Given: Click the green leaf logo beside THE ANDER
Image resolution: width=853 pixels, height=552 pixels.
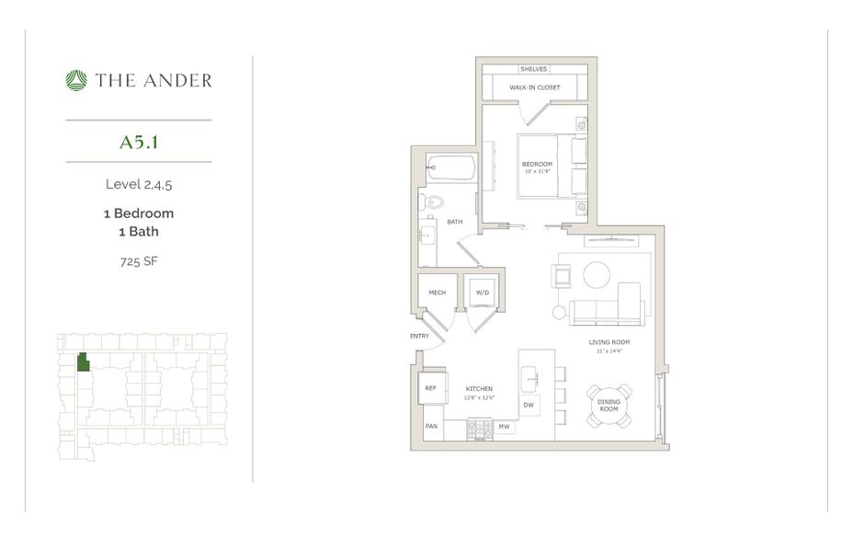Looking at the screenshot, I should [76, 81].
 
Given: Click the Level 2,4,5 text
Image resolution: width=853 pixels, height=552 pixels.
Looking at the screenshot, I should [139, 184].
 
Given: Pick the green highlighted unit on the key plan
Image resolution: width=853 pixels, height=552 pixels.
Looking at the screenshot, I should [83, 362].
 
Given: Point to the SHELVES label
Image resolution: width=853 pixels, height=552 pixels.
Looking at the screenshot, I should [534, 69].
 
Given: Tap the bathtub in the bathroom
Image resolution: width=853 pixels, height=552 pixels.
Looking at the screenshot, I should [451, 168].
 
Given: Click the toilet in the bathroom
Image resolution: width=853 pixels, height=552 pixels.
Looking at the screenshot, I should [431, 202].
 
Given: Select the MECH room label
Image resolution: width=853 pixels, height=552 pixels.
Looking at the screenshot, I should [437, 293].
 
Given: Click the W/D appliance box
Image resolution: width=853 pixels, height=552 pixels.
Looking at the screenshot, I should [482, 293].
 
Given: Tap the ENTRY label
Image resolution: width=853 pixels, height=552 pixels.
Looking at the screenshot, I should [419, 337].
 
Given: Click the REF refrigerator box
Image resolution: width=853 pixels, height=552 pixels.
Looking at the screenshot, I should [431, 388].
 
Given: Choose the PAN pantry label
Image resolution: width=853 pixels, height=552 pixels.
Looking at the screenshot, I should [430, 427].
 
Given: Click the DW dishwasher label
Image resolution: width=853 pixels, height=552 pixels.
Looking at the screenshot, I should [529, 405].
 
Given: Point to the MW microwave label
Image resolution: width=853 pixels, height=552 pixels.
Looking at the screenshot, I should [504, 427].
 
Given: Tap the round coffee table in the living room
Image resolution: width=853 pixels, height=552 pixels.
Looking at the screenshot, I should [596, 275].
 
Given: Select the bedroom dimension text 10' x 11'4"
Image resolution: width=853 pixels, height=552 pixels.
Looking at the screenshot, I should [537, 171].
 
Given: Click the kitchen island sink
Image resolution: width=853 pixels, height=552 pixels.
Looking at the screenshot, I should [531, 376].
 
